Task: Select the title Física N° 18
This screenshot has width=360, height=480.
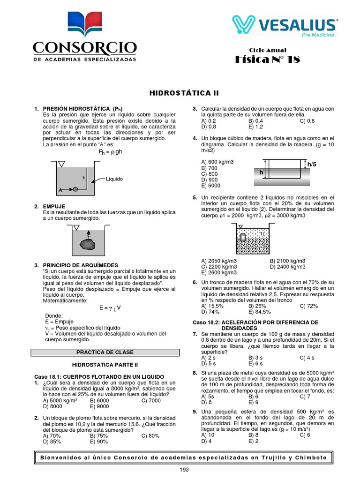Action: (x=267, y=60)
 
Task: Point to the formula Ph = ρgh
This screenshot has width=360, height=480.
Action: (x=110, y=152)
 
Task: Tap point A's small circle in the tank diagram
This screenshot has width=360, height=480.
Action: (x=75, y=189)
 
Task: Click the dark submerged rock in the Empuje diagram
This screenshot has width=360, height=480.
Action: (x=87, y=244)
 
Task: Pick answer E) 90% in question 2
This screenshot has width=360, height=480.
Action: (x=99, y=441)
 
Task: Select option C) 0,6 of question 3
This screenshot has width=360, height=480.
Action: (x=307, y=121)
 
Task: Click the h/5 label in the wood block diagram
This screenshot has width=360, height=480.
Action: (x=312, y=164)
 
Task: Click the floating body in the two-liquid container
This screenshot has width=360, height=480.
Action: (x=243, y=237)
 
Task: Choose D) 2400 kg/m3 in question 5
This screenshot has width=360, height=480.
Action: (x=287, y=267)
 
